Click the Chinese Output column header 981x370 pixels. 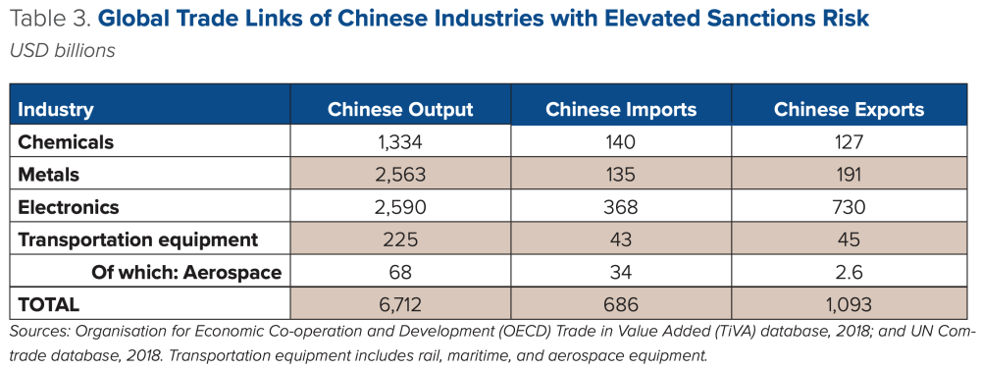click(x=400, y=109)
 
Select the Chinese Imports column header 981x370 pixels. click(x=621, y=109)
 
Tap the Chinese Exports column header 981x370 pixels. click(x=849, y=109)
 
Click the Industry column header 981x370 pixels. click(x=56, y=109)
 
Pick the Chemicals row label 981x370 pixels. click(x=66, y=141)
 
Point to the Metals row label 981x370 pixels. click(x=49, y=175)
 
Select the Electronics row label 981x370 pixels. click(x=69, y=207)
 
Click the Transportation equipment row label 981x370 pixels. click(x=137, y=239)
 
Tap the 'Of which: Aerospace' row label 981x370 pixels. click(x=186, y=272)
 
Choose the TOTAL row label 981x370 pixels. click(x=49, y=304)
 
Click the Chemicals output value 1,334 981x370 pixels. click(x=400, y=141)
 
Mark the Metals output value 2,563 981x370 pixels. click(x=400, y=175)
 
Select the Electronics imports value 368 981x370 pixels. click(x=621, y=207)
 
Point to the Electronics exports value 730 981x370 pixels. click(x=849, y=207)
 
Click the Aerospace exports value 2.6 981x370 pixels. click(x=849, y=272)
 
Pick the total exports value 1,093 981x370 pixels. click(x=849, y=304)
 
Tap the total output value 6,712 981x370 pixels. click(x=400, y=304)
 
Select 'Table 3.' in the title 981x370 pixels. click(x=48, y=19)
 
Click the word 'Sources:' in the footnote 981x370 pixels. click(x=40, y=333)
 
